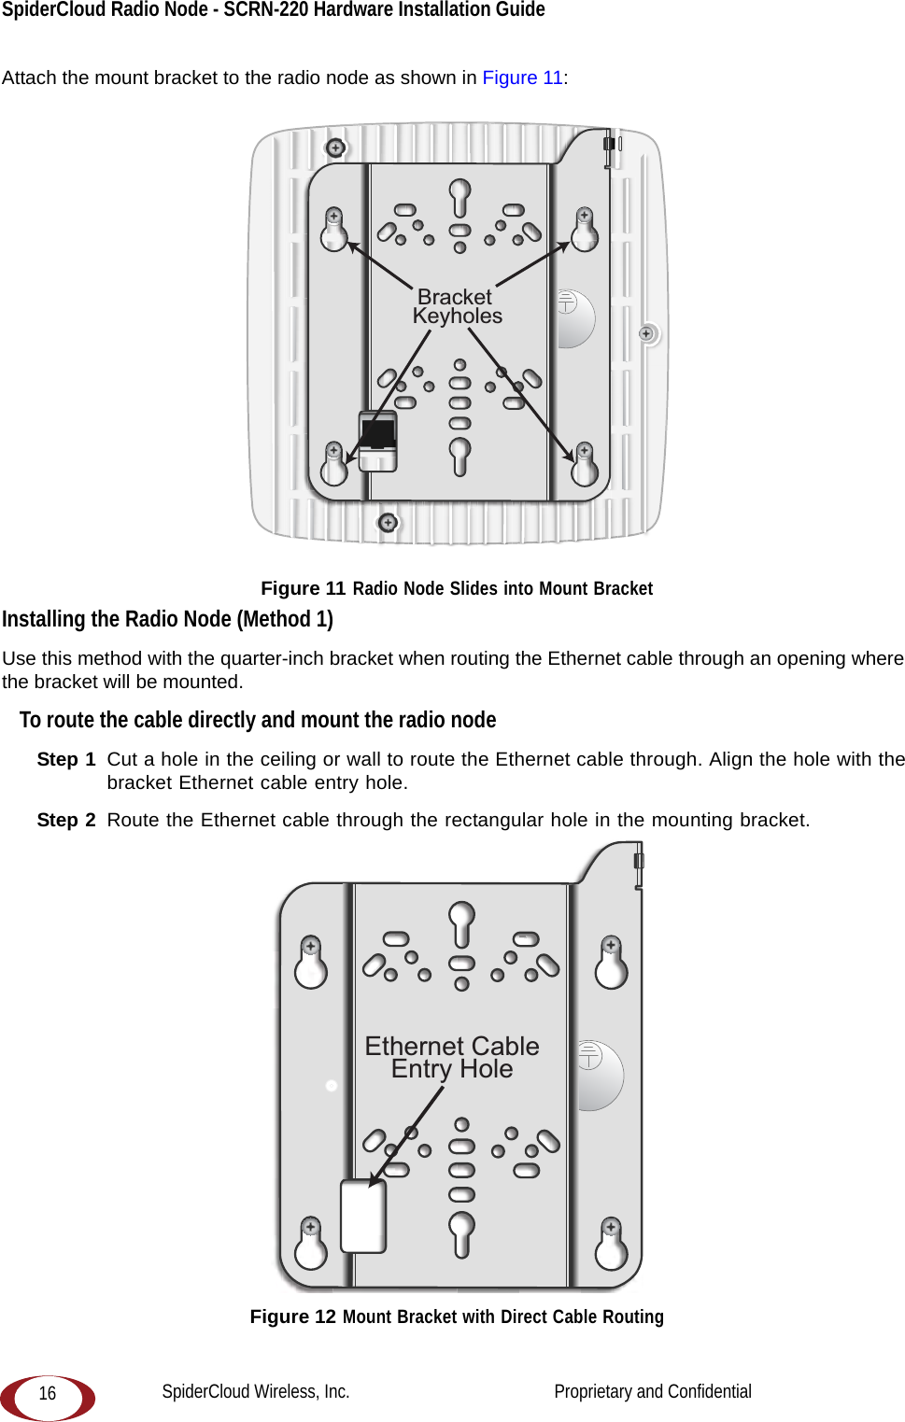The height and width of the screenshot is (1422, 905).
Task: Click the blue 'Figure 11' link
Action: click(522, 77)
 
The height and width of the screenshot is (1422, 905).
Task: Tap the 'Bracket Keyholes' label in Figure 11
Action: click(457, 306)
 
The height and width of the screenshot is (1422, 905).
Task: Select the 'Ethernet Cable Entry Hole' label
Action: click(452, 1057)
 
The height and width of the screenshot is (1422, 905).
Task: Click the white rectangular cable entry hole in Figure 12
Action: click(363, 1216)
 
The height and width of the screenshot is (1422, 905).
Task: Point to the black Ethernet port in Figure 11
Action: click(378, 433)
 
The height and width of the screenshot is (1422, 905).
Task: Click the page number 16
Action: click(48, 1394)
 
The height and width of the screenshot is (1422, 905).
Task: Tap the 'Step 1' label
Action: click(66, 759)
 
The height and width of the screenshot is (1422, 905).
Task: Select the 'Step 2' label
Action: click(66, 820)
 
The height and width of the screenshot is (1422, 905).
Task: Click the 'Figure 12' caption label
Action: click(292, 1316)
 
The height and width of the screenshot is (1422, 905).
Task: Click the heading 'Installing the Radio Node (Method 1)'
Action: click(167, 619)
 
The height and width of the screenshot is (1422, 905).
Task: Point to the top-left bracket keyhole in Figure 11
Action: click(333, 231)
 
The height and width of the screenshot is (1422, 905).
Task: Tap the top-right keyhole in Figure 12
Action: click(611, 962)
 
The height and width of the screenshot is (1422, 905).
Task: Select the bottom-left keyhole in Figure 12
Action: click(311, 1244)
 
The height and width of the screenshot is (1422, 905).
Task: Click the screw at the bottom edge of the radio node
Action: click(388, 523)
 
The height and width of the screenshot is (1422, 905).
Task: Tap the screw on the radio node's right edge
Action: click(646, 333)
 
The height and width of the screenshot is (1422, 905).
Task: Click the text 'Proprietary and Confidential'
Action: click(652, 1391)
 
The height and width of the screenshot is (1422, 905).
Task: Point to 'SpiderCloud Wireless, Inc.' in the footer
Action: click(256, 1391)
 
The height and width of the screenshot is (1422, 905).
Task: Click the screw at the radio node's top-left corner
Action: click(335, 148)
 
